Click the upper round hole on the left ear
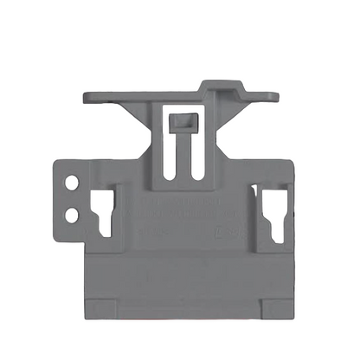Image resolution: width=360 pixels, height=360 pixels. point(71,184)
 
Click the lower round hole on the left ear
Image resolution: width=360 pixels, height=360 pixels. point(71,212)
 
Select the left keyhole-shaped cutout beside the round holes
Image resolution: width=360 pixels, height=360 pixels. point(103,212)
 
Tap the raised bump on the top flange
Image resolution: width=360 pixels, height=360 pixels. point(218,87)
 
